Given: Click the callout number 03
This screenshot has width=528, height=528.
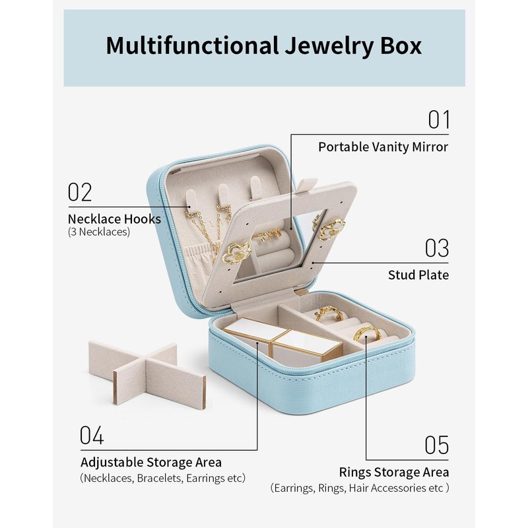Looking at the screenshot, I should (436, 248).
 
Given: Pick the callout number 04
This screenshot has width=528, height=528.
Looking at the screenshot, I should (92, 436).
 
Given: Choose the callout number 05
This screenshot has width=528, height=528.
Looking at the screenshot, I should (436, 445).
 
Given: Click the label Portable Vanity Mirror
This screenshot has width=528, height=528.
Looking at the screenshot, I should (383, 147).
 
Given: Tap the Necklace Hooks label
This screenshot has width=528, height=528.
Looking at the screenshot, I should (114, 218).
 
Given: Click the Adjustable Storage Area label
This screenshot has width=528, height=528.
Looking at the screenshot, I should (151, 462).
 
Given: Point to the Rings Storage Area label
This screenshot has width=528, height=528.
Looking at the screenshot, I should (394, 472).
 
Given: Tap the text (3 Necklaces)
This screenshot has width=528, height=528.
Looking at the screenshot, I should (99, 232).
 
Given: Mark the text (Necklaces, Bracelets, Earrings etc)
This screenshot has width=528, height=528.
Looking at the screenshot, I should (162, 478).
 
